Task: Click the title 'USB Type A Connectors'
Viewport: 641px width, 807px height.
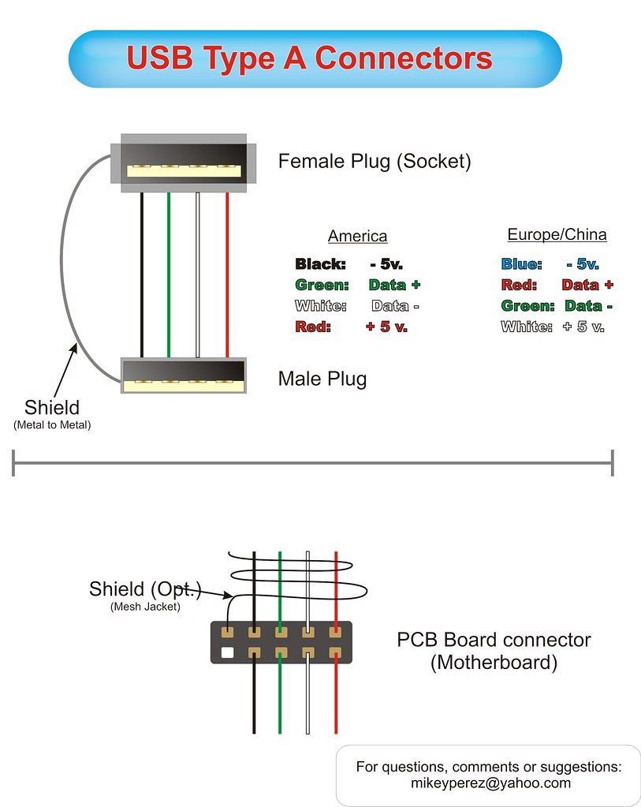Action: click(309, 59)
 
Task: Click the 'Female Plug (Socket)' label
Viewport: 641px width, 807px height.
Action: click(374, 162)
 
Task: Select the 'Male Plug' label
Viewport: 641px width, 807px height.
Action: click(322, 379)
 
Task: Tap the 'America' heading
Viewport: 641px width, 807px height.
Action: click(357, 236)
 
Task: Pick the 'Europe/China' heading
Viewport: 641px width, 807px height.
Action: click(557, 234)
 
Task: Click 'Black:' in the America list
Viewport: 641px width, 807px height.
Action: click(320, 264)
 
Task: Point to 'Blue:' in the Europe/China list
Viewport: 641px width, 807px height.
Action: click(521, 264)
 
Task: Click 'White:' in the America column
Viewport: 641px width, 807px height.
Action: click(321, 306)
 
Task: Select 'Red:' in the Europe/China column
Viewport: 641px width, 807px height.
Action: click(519, 285)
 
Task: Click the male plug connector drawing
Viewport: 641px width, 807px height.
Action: click(183, 375)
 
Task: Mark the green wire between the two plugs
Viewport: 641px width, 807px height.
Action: click(169, 276)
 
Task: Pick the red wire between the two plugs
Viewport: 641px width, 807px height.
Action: click(227, 276)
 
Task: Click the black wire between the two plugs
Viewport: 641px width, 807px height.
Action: click(142, 276)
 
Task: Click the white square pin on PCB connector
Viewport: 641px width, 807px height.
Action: click(228, 652)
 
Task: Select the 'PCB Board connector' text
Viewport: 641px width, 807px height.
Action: click(494, 640)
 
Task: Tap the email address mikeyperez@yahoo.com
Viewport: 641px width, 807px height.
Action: click(490, 783)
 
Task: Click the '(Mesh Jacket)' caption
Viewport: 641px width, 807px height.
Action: click(145, 606)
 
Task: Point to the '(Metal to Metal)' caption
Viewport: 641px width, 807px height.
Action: click(52, 425)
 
